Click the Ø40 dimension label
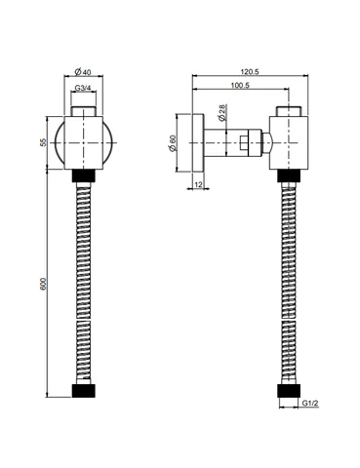point(83,71)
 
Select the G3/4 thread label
point(83,88)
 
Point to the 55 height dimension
point(44,142)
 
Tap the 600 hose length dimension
point(44,284)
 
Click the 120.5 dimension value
point(250,71)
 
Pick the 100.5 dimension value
point(240,85)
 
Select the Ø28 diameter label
point(222,113)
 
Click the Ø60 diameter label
point(172,143)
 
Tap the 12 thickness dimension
point(198,184)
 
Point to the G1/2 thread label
point(310,404)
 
